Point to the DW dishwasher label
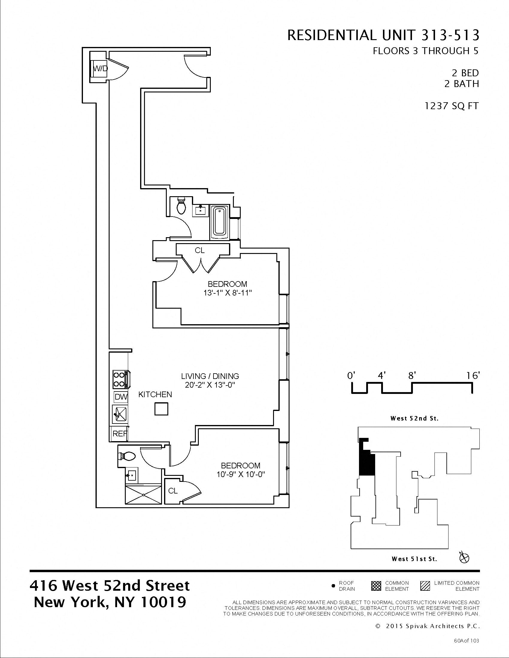pyautogui.click(x=121, y=397)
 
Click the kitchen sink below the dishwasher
pyautogui.click(x=120, y=414)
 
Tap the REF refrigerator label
pyautogui.click(x=119, y=434)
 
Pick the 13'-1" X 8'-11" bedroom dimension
pyautogui.click(x=227, y=293)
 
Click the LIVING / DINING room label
pyautogui.click(x=210, y=376)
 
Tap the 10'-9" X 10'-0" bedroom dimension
pyautogui.click(x=240, y=475)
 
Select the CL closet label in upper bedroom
pyautogui.click(x=200, y=250)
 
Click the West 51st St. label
pyautogui.click(x=414, y=559)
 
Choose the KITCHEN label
pyautogui.click(x=155, y=395)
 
